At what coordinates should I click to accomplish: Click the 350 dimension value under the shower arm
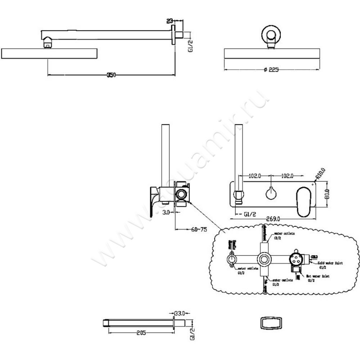pos(111,75)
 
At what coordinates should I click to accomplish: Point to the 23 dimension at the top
pos(170,21)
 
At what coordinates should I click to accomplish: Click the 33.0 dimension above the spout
pos(180,311)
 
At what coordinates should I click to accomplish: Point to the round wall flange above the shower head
pos(272,35)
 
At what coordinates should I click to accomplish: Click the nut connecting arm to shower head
pos(48,44)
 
